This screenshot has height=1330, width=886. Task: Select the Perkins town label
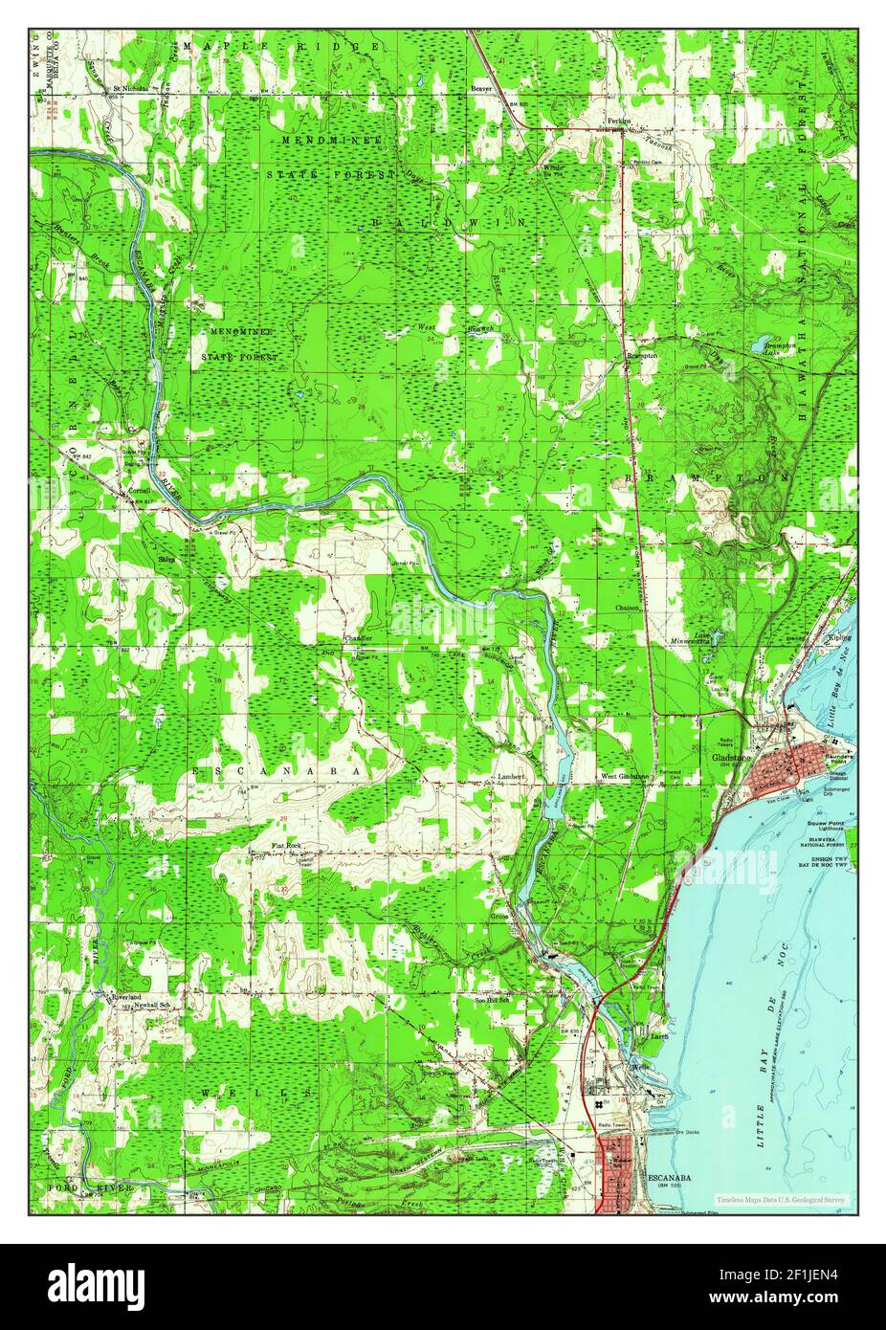pyautogui.click(x=620, y=122)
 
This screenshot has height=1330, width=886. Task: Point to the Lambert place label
pyautogui.click(x=511, y=777)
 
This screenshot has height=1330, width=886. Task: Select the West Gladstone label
pyautogui.click(x=625, y=776)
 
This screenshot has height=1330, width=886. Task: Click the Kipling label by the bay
pyautogui.click(x=840, y=636)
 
